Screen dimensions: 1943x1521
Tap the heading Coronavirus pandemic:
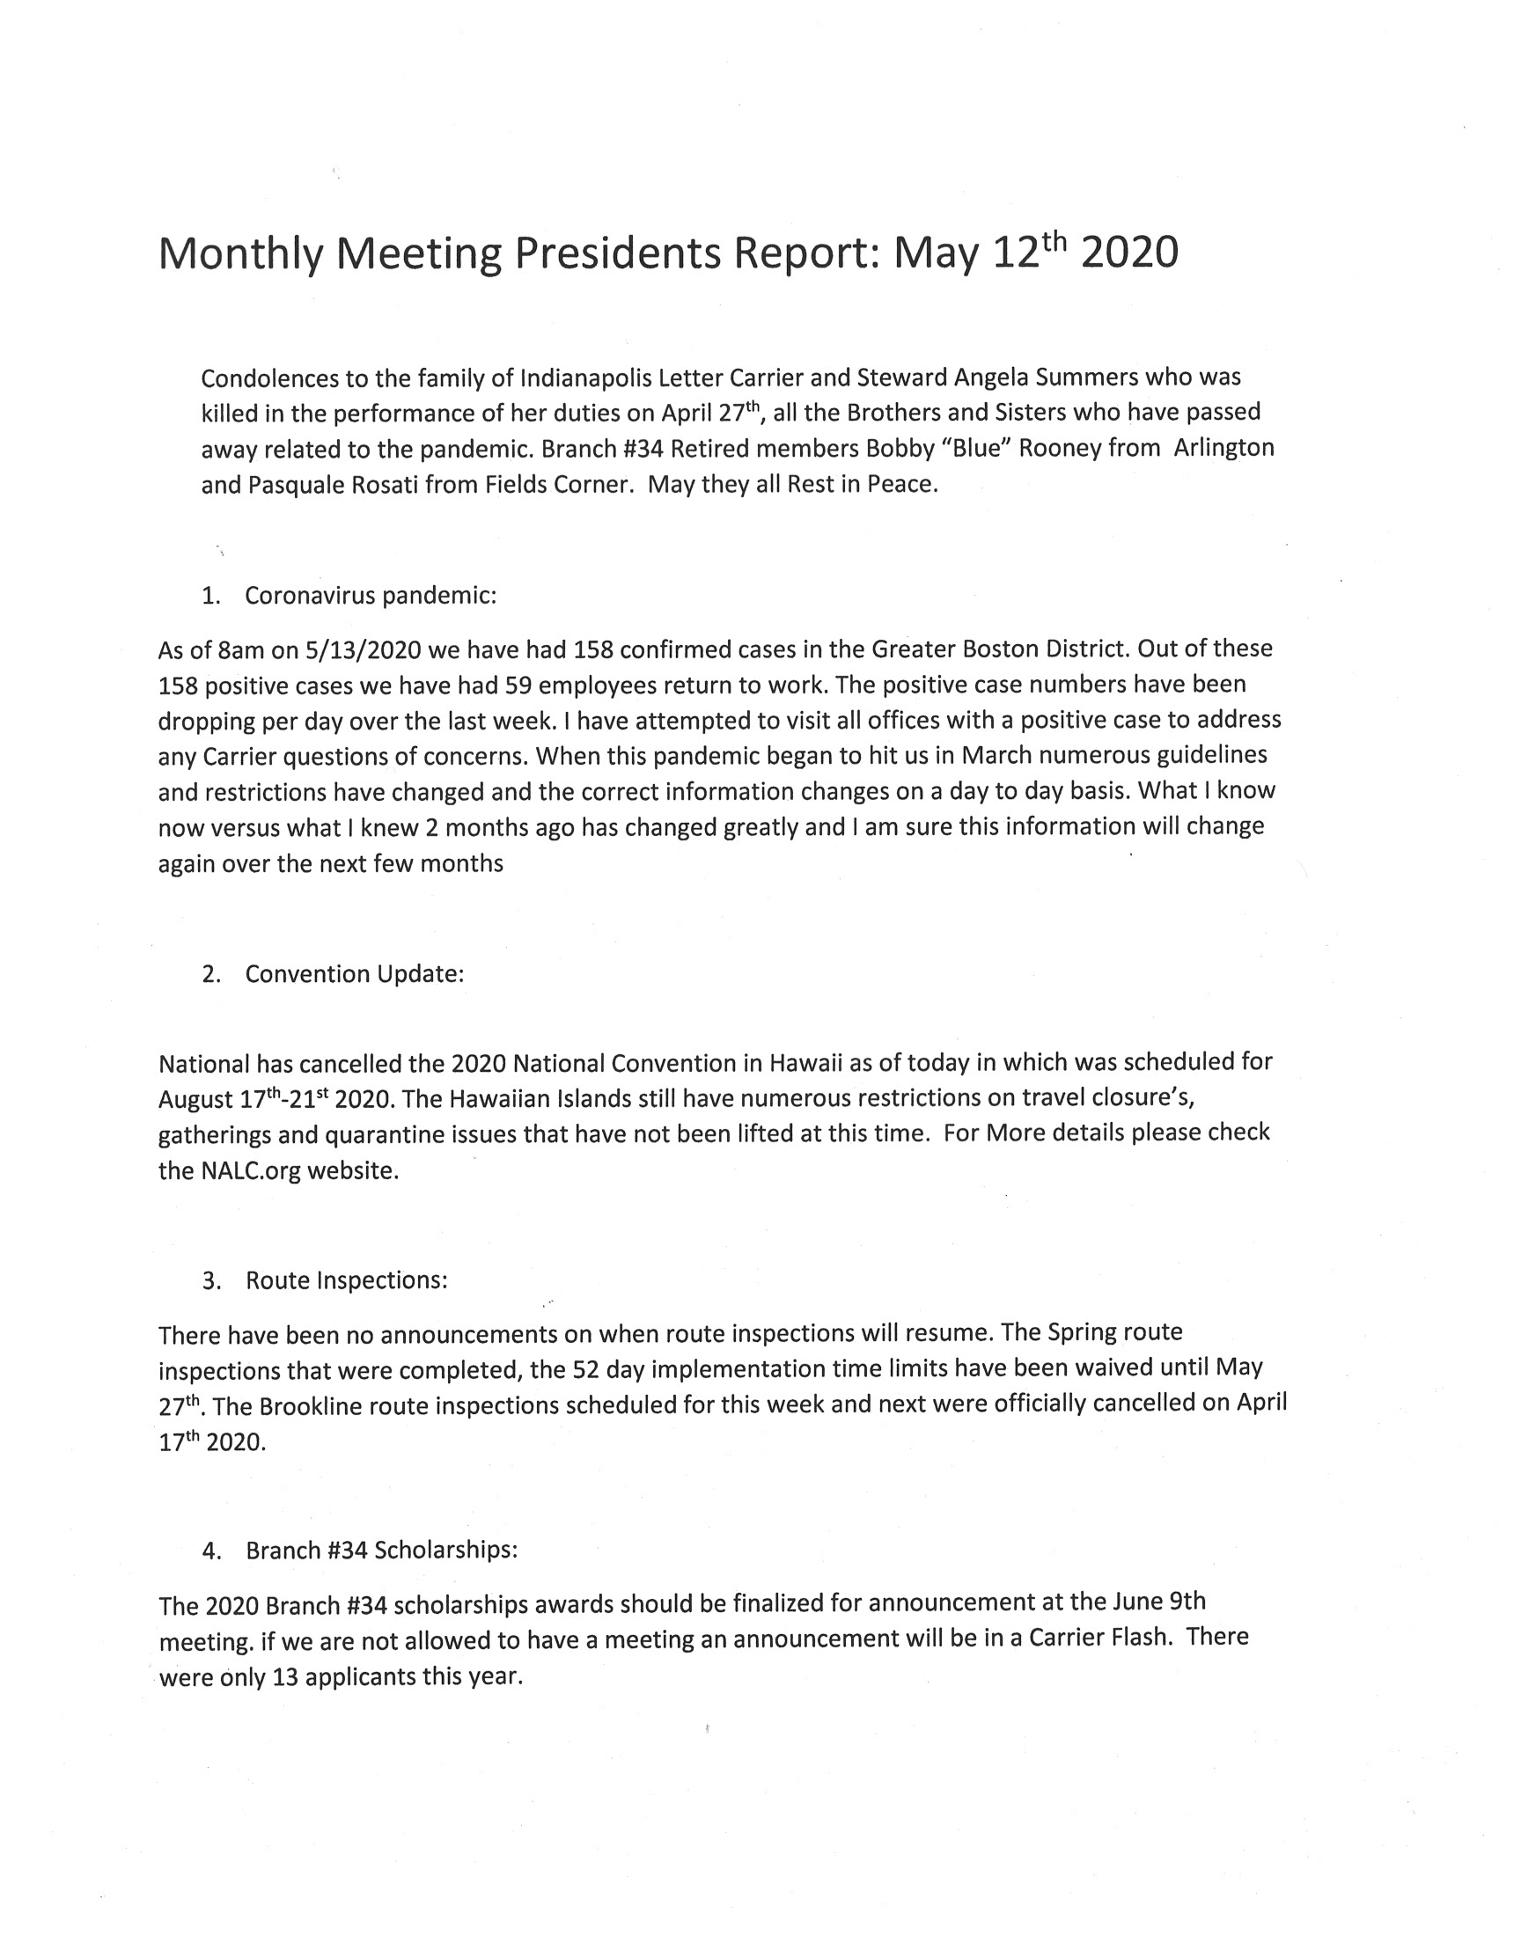[x=371, y=596]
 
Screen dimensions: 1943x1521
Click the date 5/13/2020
[x=363, y=649]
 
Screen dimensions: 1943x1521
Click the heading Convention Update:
[x=355, y=975]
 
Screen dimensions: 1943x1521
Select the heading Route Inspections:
[x=347, y=1280]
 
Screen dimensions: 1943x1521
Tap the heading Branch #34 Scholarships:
[x=381, y=1551]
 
